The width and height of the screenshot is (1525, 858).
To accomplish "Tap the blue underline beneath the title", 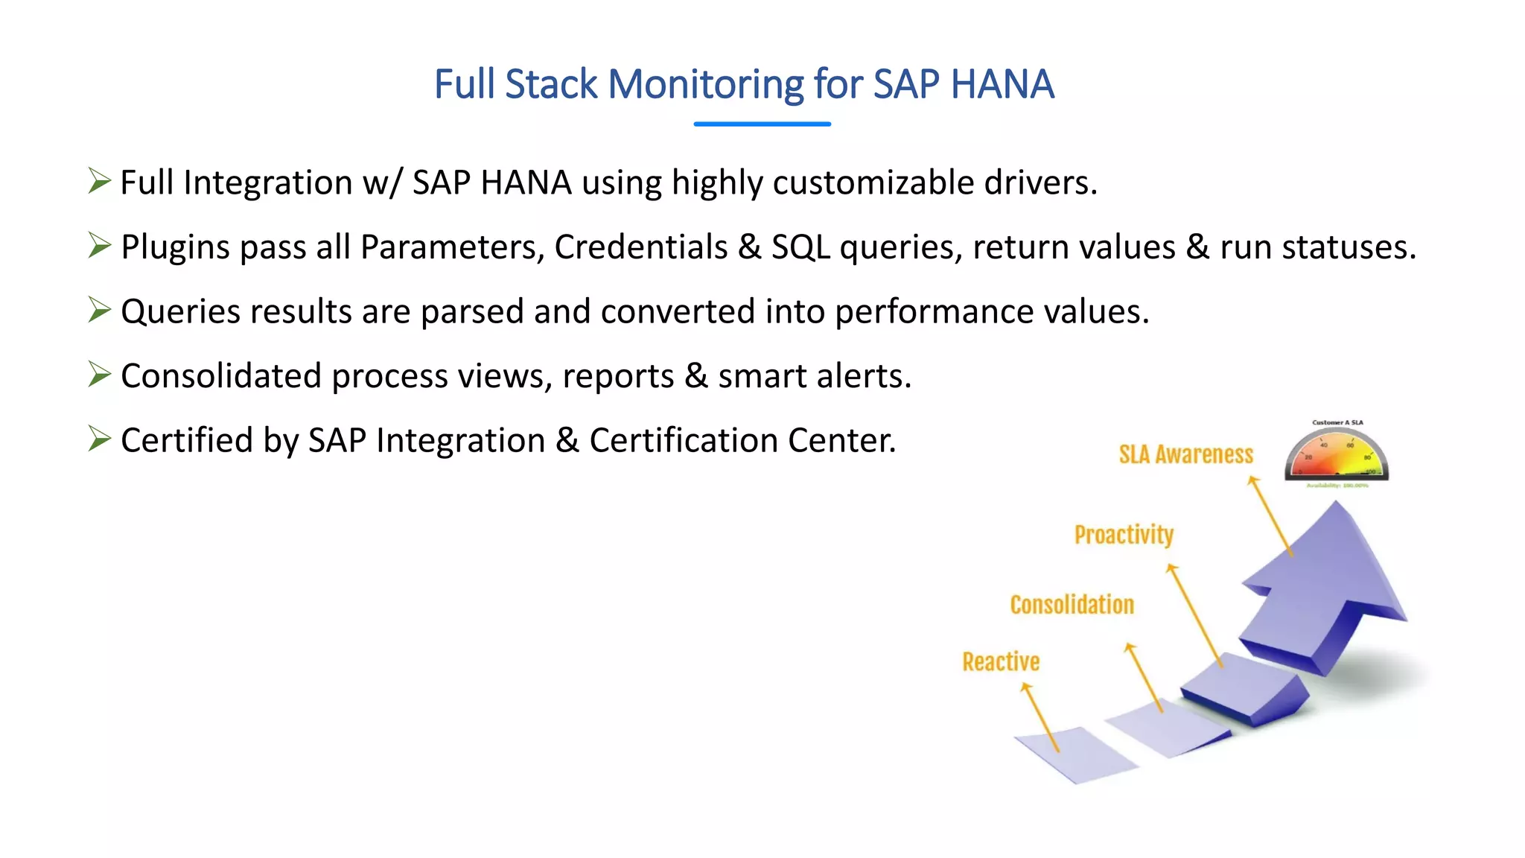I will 762,124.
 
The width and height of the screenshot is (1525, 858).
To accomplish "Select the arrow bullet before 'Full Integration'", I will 99,181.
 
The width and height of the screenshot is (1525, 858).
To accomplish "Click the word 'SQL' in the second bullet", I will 800,247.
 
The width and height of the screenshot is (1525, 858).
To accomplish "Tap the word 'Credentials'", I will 640,247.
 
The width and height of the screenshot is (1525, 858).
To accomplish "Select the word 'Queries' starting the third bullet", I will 179,312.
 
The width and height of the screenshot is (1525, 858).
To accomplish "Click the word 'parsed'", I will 472,312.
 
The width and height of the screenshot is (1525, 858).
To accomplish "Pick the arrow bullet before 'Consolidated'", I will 99,374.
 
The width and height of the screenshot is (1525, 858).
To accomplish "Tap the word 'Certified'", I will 186,440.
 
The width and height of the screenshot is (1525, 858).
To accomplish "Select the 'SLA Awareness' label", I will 1185,454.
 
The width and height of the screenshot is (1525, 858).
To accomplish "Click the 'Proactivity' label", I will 1123,535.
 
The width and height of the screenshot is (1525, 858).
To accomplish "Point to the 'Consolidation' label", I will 1072,605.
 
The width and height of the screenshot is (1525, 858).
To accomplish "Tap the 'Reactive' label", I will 1001,661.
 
